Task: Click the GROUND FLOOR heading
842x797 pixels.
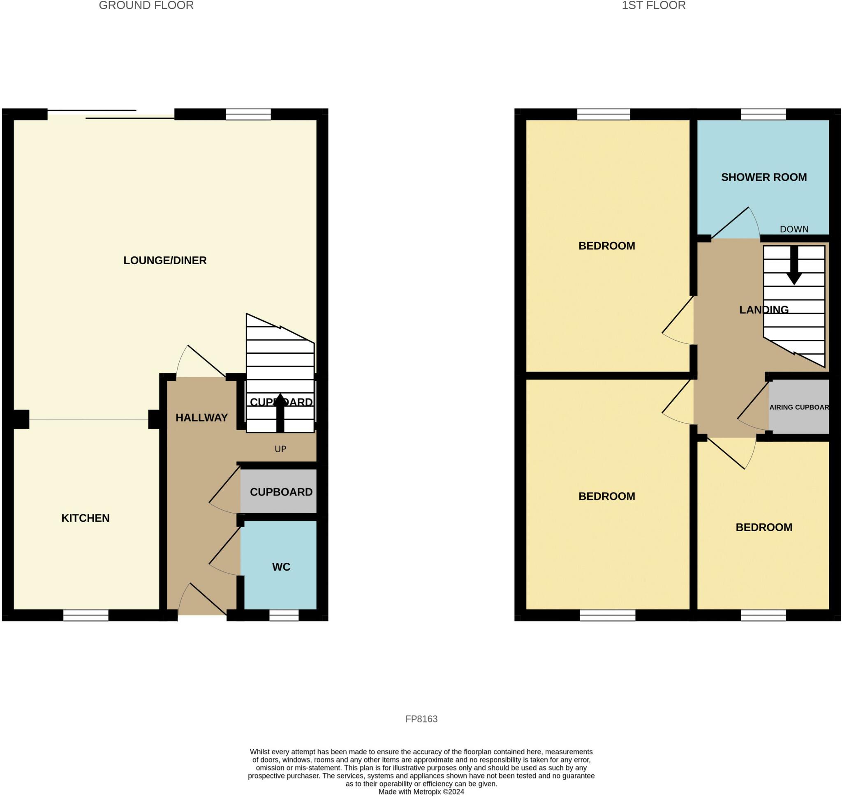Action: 146,5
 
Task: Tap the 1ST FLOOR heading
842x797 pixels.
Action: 654,5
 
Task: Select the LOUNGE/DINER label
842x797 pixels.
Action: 165,260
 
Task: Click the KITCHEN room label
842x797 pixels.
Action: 86,518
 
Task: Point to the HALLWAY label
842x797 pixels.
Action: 201,418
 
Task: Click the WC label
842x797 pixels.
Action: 281,567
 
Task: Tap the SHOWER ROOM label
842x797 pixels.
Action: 764,177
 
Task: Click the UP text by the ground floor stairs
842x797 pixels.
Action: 280,449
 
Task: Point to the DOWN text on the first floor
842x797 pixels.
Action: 794,229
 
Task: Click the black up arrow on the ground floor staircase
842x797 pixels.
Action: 280,412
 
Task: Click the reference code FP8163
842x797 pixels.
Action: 421,719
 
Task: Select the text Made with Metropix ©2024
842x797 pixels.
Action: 421,792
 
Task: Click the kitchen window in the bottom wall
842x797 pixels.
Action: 86,615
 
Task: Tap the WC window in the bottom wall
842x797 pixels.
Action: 284,615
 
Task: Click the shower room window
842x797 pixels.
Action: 763,114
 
